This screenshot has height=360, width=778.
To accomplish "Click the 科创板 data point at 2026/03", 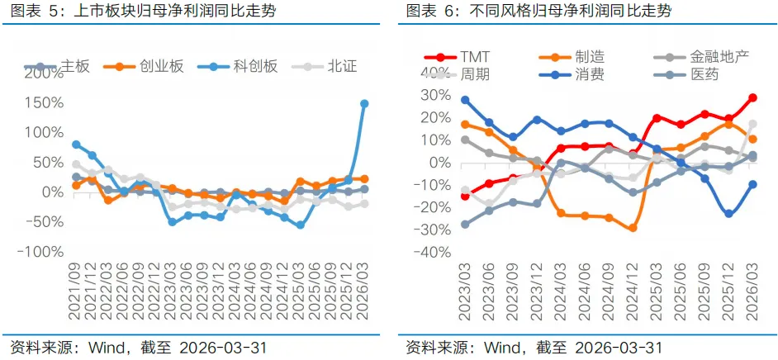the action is tap(363, 104).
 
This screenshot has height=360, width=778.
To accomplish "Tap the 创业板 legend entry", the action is tap(144, 66).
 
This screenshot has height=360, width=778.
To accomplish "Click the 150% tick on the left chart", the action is tap(43, 103).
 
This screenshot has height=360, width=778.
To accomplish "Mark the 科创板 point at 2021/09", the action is tap(76, 144).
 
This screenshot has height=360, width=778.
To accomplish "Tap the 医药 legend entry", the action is tap(685, 75).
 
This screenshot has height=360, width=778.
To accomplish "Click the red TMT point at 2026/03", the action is tap(752, 97).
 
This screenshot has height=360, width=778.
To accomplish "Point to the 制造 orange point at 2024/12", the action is tap(632, 228).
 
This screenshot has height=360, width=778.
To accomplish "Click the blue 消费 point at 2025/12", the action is tap(728, 214).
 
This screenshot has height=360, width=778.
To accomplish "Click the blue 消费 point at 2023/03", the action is tap(465, 100).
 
